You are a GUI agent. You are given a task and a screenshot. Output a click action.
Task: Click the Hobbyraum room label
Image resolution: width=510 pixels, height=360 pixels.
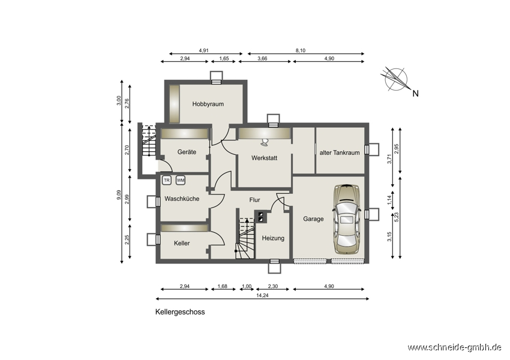[x=208, y=104]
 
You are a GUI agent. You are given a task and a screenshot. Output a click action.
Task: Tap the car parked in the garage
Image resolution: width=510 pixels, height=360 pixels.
[x=347, y=220]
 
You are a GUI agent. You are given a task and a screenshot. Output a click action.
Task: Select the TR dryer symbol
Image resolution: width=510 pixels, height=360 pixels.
[x=167, y=180]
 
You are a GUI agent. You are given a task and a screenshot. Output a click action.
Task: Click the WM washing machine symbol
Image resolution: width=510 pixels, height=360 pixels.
[x=181, y=180]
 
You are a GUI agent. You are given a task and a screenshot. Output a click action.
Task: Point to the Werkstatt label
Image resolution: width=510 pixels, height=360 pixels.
[x=264, y=158]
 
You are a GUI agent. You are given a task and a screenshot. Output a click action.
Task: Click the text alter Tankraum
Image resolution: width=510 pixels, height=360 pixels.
[x=340, y=152]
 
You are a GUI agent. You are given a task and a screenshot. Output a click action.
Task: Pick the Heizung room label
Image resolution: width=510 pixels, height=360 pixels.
[x=273, y=238]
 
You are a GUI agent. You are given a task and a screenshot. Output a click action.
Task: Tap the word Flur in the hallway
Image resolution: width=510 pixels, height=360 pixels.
[x=254, y=200]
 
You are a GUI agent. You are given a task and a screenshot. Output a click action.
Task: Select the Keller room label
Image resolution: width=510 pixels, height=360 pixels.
[x=182, y=243]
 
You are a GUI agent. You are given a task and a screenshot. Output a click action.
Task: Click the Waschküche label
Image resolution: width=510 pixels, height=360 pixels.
[x=182, y=199]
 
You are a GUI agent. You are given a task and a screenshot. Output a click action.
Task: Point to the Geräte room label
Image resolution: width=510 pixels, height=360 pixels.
[x=187, y=152]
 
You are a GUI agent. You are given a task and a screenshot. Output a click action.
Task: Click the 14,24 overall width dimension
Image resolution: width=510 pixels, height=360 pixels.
[x=262, y=296]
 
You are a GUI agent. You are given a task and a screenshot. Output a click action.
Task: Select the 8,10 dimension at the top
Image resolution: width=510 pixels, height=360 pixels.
[x=301, y=51]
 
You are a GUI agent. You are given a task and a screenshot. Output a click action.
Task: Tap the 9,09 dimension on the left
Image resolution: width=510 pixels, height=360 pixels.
[x=119, y=195]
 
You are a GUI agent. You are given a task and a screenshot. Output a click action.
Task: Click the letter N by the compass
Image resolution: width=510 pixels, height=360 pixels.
[x=415, y=94]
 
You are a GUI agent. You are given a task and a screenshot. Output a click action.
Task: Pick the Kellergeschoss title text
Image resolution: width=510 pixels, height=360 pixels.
[x=180, y=312]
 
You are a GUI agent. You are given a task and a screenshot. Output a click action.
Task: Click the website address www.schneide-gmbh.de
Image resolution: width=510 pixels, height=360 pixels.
[x=454, y=347]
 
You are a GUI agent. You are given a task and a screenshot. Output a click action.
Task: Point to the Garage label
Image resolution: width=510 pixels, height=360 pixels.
[x=313, y=219]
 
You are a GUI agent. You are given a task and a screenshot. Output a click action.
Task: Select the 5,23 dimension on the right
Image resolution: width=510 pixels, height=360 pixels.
[x=396, y=218]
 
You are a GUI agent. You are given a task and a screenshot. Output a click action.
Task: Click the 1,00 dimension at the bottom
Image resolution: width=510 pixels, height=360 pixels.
[x=247, y=287]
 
